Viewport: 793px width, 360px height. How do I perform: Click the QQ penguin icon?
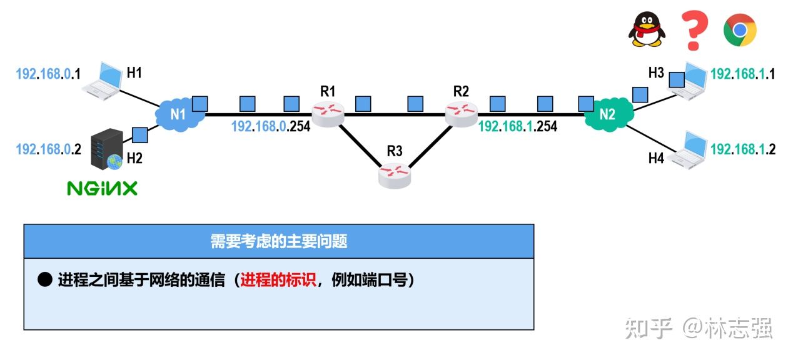click(646, 30)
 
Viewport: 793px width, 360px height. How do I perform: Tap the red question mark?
click(694, 30)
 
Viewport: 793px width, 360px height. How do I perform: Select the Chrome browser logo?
click(740, 30)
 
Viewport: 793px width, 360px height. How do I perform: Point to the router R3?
click(395, 174)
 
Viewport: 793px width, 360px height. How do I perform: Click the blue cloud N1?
click(179, 114)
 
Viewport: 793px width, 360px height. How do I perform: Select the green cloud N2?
click(607, 114)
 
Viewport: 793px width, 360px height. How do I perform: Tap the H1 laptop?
click(103, 81)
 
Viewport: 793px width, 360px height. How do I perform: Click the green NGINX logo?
click(102, 188)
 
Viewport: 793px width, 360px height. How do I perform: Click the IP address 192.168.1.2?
click(743, 149)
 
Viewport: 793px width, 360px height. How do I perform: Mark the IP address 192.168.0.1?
click(49, 74)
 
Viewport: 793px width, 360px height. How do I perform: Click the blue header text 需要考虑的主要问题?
click(279, 242)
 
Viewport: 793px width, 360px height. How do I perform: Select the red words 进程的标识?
click(278, 281)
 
